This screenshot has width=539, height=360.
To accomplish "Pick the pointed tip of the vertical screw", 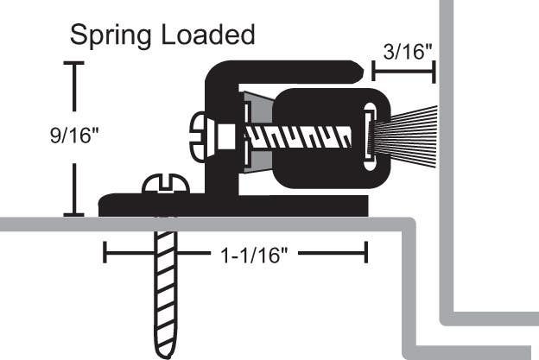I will point(168,350).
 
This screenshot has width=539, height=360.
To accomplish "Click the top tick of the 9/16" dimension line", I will point(74,64).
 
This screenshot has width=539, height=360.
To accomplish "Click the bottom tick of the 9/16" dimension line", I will point(74,214).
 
